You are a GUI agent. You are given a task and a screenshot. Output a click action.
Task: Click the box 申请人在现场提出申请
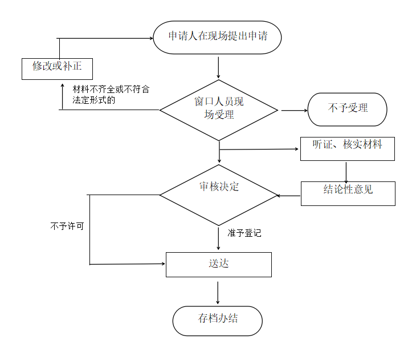tap(218, 38)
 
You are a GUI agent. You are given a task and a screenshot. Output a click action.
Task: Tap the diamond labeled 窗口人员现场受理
tap(218, 109)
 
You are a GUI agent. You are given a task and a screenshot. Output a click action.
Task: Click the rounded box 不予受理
tap(347, 109)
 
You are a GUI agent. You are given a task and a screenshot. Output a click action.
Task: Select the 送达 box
tap(218, 264)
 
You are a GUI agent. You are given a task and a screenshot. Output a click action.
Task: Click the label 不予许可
tap(67, 226)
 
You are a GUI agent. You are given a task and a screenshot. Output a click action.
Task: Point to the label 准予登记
tap(244, 233)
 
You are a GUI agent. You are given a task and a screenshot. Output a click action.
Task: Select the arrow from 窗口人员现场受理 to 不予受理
tap(293, 110)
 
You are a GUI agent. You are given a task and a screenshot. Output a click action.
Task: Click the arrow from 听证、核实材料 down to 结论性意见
tap(346, 172)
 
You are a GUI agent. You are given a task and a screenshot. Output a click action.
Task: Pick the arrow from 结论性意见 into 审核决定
tap(288, 196)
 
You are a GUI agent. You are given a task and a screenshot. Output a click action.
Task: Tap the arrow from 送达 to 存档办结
tap(218, 292)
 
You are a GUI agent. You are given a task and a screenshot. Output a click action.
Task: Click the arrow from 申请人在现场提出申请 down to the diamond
tap(218, 67)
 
